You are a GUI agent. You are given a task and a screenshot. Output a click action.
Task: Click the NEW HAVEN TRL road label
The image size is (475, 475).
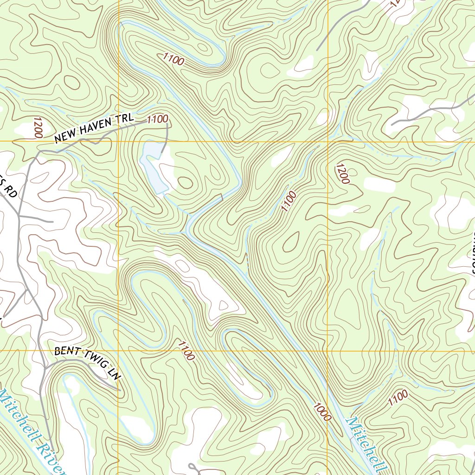[94, 129]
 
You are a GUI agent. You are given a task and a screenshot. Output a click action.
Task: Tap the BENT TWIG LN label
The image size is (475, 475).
[87, 363]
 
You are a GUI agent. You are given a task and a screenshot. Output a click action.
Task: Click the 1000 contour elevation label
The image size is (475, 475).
[322, 411]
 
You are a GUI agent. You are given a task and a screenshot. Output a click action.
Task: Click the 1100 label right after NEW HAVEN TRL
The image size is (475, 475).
[157, 119]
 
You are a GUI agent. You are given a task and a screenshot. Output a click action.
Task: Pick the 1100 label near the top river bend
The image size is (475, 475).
[174, 59]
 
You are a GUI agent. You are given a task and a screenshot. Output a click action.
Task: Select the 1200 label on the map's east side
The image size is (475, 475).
[342, 173]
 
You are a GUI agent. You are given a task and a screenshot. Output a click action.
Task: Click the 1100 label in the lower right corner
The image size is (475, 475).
[398, 398]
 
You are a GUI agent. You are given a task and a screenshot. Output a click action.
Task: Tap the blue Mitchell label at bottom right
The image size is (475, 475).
[366, 443]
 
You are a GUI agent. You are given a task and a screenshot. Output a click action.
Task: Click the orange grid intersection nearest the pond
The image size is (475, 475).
[118, 141]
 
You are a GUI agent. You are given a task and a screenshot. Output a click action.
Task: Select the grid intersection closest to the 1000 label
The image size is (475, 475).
[327, 350]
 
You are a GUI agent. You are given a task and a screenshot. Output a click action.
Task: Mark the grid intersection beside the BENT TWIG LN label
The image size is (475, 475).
[118, 350]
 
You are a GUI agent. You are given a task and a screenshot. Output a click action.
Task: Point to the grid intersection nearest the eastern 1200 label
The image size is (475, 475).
[327, 141]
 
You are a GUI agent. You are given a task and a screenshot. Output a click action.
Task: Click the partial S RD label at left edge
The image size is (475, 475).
[9, 190]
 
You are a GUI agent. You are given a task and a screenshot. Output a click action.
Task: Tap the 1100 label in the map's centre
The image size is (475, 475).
[288, 202]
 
